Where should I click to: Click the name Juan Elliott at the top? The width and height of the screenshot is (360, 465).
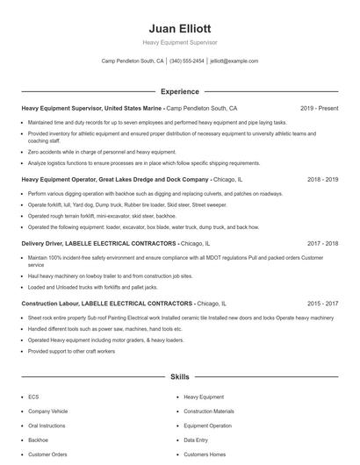coord(179,28)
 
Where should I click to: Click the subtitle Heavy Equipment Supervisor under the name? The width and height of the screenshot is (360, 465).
coord(179,42)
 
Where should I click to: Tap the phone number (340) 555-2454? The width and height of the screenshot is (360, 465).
coord(187,61)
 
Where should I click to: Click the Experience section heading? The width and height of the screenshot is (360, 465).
coord(179,91)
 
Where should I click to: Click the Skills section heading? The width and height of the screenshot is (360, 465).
coord(179,376)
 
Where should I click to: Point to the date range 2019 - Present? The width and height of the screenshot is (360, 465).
coord(319,109)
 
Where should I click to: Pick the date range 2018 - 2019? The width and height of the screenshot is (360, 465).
coord(322,179)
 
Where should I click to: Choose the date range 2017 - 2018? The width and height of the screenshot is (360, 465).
coord(322,243)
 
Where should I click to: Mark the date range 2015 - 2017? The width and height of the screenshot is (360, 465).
coord(322,303)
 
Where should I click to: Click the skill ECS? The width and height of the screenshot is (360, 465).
coord(33,397)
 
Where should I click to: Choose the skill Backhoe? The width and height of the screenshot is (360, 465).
coord(38,440)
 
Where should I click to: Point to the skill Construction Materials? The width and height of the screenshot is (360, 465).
coord(209,411)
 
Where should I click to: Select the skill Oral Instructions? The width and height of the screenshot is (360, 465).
coord(46,426)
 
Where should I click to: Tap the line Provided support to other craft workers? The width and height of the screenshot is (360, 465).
coord(72,351)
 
